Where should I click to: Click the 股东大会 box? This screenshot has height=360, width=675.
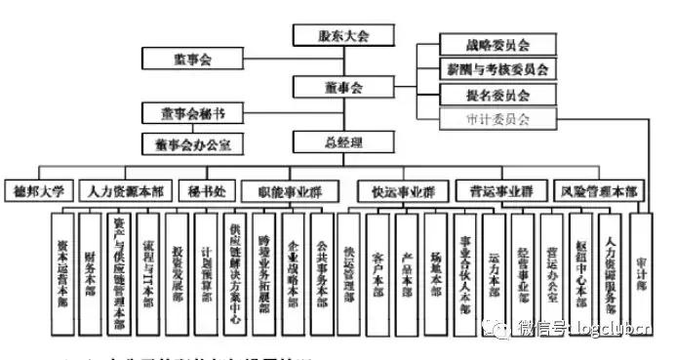pyautogui.click(x=343, y=35)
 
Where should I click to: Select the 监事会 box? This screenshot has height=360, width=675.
pyautogui.click(x=190, y=58)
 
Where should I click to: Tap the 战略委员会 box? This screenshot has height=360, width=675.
pyautogui.click(x=496, y=46)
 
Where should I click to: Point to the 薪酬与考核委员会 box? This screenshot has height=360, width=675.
pyautogui.click(x=496, y=70)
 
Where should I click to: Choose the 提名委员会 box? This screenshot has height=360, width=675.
pyautogui.click(x=496, y=96)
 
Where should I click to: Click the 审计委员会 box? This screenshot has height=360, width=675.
pyautogui.click(x=496, y=120)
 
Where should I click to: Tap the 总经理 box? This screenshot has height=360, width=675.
pyautogui.click(x=343, y=143)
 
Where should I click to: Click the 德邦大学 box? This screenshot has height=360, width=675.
pyautogui.click(x=37, y=191)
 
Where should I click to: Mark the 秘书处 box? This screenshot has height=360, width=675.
pyautogui.click(x=197, y=191)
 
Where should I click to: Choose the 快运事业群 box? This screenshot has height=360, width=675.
pyautogui.click(x=396, y=191)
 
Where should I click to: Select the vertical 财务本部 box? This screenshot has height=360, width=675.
pyautogui.click(x=92, y=271)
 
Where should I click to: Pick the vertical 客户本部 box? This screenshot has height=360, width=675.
pyautogui.click(x=378, y=271)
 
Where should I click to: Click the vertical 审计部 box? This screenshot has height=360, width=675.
pyautogui.click(x=641, y=271)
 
